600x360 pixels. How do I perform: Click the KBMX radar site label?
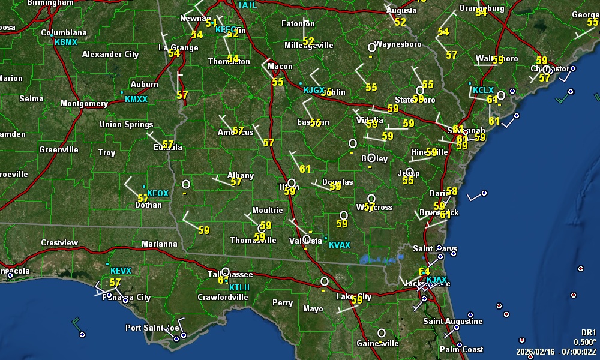(66, 43)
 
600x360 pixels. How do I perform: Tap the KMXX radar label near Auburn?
(136, 99)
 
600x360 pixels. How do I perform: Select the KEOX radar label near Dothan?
(158, 193)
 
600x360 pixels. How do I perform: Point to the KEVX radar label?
(121, 271)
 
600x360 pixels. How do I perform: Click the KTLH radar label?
(239, 287)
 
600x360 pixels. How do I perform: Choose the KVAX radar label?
(340, 245)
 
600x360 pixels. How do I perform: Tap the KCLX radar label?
(483, 90)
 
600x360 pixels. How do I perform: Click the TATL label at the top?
(247, 5)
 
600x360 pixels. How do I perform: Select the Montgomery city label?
(84, 104)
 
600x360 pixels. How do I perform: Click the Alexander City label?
(110, 55)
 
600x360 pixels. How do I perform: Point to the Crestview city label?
(59, 243)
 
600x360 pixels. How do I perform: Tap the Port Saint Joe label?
(152, 328)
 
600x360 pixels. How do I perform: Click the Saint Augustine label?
(453, 322)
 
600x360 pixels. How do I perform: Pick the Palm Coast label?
(461, 349)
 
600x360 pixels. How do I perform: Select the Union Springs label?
(126, 125)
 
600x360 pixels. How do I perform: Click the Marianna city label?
(160, 244)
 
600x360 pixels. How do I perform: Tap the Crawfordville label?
(223, 297)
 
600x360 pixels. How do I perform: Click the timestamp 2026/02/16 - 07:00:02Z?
(556, 351)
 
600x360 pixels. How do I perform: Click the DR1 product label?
(588, 332)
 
